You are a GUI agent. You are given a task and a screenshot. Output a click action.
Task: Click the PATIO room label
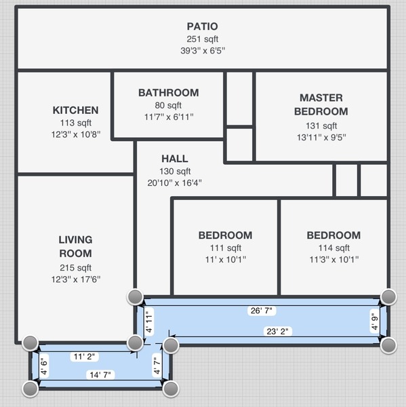(203, 26)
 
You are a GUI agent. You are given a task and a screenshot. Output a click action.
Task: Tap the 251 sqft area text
(203, 39)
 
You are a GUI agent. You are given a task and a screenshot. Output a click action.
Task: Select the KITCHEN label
(75, 111)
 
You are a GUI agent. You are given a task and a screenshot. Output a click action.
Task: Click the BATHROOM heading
(169, 93)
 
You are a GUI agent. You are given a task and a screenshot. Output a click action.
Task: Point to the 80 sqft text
(168, 105)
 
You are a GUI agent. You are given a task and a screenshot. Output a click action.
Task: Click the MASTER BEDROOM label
(321, 104)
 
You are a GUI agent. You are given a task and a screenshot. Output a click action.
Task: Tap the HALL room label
(175, 159)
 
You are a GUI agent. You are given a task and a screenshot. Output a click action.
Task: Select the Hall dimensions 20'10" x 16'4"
(175, 183)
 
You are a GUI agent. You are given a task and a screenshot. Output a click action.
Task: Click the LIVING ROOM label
(75, 247)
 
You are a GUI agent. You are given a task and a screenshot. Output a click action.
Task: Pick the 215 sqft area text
(75, 268)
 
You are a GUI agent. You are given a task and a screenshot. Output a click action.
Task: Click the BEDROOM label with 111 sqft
(226, 235)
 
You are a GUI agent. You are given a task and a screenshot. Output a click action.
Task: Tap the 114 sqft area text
(334, 248)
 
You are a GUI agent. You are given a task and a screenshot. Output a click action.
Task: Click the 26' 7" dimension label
(262, 311)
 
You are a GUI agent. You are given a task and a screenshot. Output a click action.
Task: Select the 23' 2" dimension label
(278, 332)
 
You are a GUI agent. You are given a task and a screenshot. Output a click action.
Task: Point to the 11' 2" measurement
(84, 357)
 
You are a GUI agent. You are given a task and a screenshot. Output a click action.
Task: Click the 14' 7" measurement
(100, 375)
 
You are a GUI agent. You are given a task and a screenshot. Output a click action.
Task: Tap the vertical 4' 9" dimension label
(375, 321)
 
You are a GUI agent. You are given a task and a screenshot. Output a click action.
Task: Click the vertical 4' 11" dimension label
(149, 320)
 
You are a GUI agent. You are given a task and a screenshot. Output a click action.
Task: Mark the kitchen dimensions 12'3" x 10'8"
(76, 134)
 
